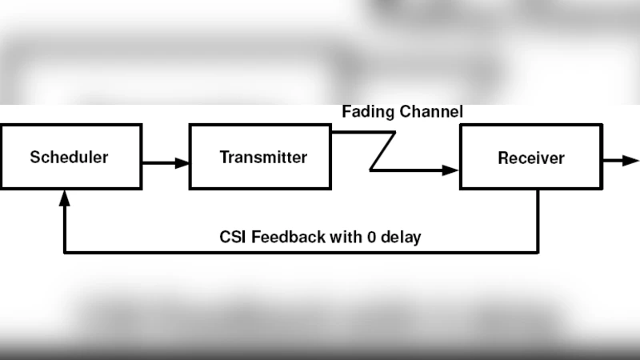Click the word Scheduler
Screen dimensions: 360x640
[x=69, y=157]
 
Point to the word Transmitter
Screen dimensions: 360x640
[x=263, y=157]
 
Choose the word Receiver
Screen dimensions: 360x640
[x=531, y=158]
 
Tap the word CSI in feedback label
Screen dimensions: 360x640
[x=233, y=237]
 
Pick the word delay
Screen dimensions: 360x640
[x=402, y=237]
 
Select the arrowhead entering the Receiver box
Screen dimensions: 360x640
[x=452, y=170]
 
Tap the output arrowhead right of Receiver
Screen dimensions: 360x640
[x=633, y=161]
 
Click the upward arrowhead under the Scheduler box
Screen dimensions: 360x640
[x=64, y=195]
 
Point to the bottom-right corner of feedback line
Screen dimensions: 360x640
[x=538, y=252]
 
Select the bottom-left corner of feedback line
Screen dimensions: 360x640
[x=65, y=252]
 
